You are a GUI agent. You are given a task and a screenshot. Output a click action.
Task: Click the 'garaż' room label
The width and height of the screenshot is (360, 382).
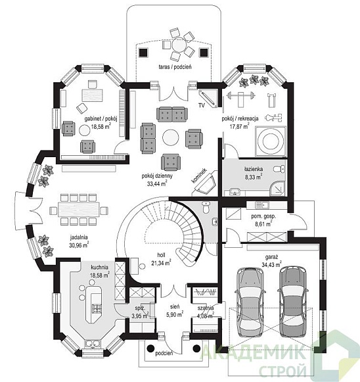tap(272, 257)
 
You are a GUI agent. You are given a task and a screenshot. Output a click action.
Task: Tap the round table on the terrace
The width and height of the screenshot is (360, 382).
tap(179, 45)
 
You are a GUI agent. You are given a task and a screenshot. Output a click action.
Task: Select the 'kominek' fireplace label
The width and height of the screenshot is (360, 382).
tap(199, 176)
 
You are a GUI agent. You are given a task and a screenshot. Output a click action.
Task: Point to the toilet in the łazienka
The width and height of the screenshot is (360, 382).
tap(279, 169)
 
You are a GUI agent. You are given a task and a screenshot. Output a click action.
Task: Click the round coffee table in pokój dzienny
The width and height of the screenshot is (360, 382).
tap(171, 137)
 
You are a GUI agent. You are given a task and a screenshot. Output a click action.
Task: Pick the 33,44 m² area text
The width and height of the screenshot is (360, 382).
tap(157, 183)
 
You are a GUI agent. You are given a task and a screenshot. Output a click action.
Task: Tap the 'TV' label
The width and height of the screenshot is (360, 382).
tap(201, 105)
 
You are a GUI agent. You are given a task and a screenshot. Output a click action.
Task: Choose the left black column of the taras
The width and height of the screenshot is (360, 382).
tap(143, 52)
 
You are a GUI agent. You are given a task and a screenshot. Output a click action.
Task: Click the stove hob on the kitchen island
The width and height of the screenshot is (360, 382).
tap(97, 309)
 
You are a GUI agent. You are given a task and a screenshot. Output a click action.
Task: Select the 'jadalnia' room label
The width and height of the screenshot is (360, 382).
tap(79, 237)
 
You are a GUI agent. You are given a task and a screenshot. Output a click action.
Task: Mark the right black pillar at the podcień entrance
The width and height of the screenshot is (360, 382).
tap(196, 348)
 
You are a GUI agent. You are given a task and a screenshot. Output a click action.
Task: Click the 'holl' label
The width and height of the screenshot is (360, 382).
tap(161, 255)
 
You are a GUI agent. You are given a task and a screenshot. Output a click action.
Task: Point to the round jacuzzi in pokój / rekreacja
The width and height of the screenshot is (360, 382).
tap(270, 141)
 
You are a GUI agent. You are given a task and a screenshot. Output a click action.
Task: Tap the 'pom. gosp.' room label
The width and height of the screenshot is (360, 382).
tap(263, 216)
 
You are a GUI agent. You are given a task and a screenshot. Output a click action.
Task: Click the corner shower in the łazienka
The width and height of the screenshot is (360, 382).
tap(277, 188)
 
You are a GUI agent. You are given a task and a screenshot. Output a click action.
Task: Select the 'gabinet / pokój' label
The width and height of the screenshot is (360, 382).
tap(101, 119)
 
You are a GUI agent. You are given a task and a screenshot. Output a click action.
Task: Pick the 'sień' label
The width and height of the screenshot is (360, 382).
tap(175, 306)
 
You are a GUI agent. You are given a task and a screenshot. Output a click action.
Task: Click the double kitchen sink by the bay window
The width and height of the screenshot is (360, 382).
tap(93, 344)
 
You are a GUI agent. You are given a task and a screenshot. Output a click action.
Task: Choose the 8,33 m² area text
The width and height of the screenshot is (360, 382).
tap(254, 177)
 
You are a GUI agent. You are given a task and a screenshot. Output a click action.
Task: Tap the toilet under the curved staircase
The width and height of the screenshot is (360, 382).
tap(206, 207)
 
